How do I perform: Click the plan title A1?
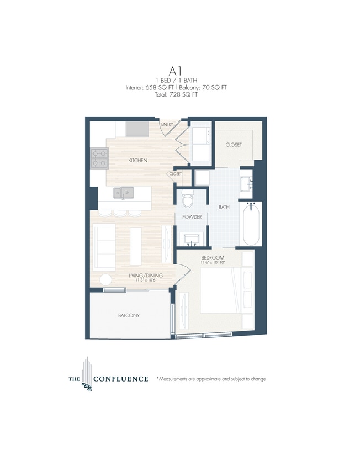[176, 71]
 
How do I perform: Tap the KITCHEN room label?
[137, 160]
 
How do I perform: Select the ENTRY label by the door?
[166, 125]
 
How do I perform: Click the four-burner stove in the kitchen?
[99, 159]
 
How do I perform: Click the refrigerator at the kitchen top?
[137, 129]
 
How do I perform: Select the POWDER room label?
[192, 217]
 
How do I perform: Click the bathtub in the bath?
[251, 224]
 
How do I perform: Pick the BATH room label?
[224, 208]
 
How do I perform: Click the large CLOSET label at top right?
[234, 145]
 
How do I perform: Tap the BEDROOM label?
[212, 258]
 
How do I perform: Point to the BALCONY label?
[128, 315]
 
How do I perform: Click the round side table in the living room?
[105, 280]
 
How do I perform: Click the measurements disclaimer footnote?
[211, 379]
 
